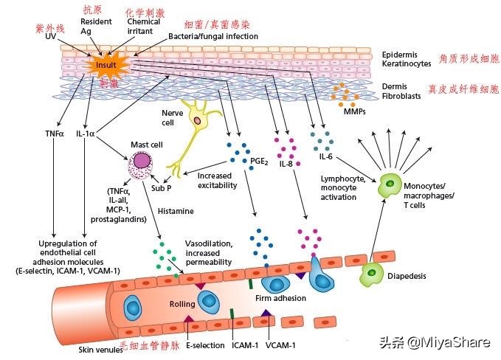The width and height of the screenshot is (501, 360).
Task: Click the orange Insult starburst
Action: click(x=106, y=66)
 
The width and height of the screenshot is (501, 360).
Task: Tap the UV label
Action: click(x=51, y=36)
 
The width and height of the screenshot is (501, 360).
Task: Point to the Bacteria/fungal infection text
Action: click(x=213, y=36)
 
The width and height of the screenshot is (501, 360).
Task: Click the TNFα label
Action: click(x=55, y=134)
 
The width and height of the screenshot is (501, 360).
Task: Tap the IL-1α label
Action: click(x=87, y=134)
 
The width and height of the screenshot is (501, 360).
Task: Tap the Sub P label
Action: click(x=162, y=187)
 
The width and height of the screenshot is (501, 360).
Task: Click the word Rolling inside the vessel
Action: click(x=182, y=303)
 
